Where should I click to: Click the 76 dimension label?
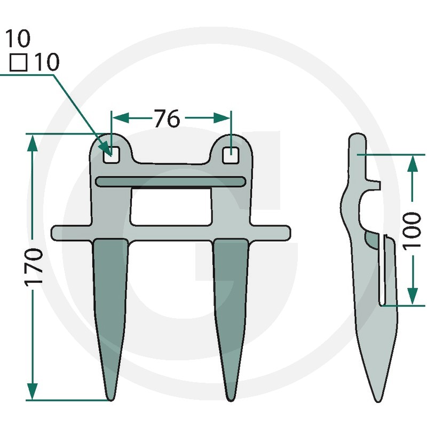[x=167, y=118]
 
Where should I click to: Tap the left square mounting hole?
[x=111, y=155]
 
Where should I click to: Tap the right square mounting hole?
[x=231, y=155]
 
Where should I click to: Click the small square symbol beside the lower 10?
[x=19, y=62]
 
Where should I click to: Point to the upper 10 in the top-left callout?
[x=18, y=38]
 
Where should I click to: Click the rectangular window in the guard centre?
[x=171, y=207]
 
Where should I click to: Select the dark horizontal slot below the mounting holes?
[x=171, y=181]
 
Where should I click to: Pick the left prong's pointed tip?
[x=110, y=400]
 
